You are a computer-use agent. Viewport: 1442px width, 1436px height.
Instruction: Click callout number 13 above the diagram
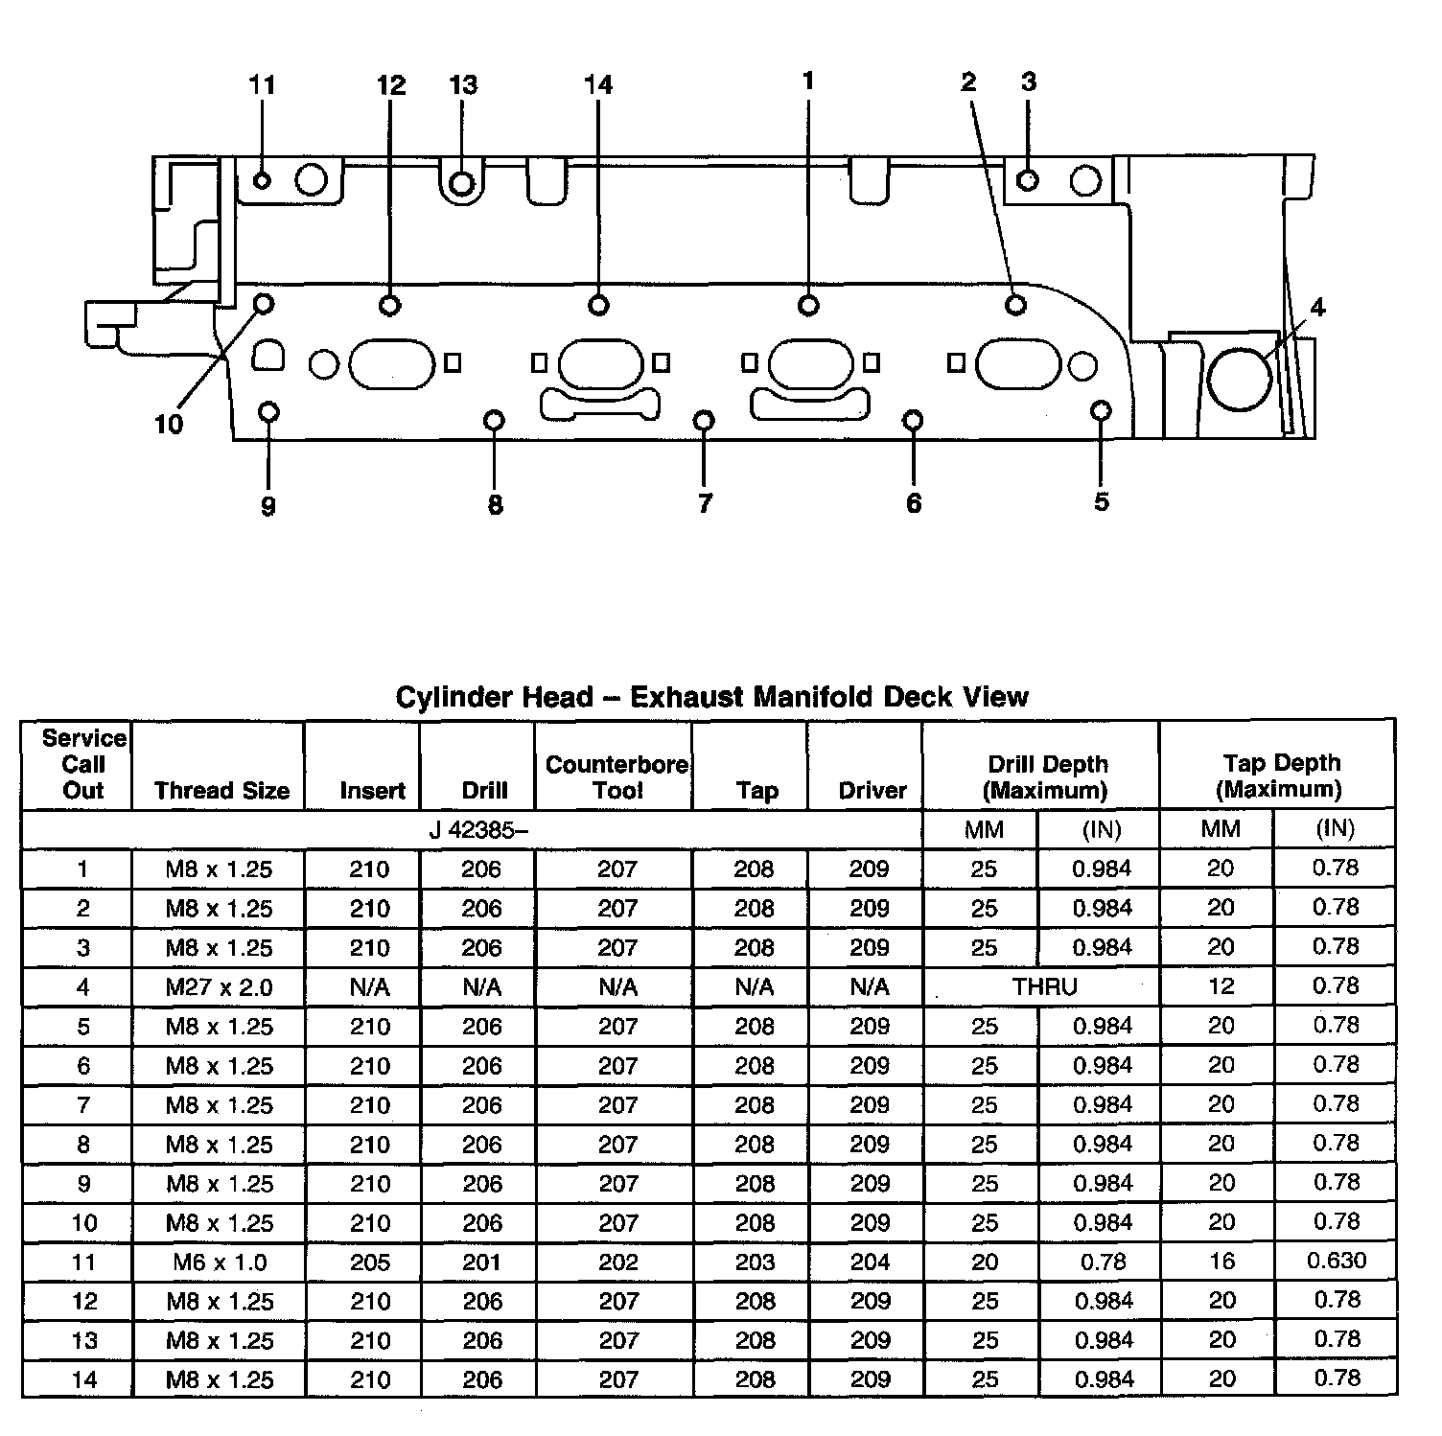click(x=463, y=85)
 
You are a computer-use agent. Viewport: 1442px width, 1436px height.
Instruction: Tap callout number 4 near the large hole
click(x=1317, y=308)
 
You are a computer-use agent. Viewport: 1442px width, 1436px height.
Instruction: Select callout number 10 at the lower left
click(x=169, y=425)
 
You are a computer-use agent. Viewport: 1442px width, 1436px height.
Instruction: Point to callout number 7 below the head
click(x=705, y=503)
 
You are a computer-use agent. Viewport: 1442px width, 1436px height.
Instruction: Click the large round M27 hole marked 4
click(x=1240, y=378)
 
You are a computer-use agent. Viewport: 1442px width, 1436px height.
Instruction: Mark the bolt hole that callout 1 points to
click(x=808, y=305)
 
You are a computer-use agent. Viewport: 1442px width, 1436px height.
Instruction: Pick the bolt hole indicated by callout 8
click(x=494, y=420)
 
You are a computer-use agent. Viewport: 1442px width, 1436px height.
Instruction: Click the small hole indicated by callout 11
click(x=261, y=180)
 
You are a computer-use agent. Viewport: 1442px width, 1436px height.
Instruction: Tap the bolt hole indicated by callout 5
click(x=1101, y=411)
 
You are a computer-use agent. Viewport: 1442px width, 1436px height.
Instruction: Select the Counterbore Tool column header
click(x=616, y=777)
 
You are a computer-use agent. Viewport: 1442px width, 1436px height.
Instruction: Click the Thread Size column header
click(x=221, y=791)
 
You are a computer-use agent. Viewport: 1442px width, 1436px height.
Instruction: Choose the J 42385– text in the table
click(x=477, y=830)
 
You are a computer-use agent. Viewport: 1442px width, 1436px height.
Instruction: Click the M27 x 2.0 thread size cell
click(x=219, y=987)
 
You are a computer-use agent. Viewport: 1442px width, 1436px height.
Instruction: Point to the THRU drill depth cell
click(x=1044, y=987)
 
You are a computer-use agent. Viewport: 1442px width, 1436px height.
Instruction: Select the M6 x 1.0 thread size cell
click(x=220, y=1262)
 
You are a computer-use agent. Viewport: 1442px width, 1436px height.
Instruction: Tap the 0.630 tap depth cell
click(x=1336, y=1262)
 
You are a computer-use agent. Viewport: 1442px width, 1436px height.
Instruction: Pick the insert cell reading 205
click(x=369, y=1262)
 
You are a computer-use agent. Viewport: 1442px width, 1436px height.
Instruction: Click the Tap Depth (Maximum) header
click(x=1280, y=776)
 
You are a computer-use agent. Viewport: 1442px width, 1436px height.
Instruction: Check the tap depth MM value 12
click(x=1221, y=986)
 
